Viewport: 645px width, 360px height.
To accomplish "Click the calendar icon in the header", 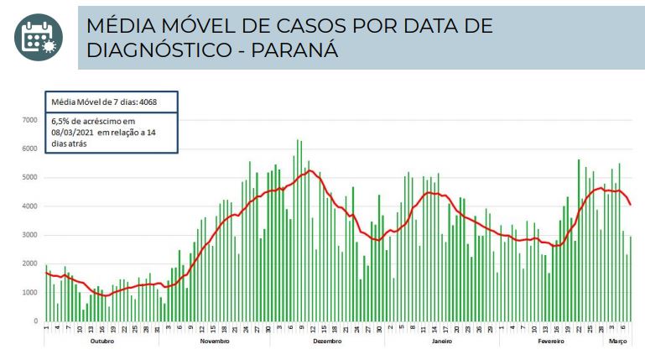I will [x=38, y=38].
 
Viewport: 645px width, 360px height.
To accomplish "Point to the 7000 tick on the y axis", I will [x=30, y=121].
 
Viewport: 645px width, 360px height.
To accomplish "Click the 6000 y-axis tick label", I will [x=30, y=149].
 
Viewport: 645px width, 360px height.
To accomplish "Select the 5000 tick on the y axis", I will [x=30, y=178].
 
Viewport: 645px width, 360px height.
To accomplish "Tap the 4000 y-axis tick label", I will [x=30, y=206].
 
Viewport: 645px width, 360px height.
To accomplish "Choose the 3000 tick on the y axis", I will [x=30, y=235].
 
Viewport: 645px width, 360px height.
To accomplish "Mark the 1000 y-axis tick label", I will [x=30, y=293].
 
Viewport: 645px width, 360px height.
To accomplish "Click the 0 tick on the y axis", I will [x=35, y=321].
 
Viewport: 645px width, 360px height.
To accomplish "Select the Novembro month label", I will [x=215, y=342].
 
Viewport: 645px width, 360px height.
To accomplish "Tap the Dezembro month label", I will [x=327, y=342].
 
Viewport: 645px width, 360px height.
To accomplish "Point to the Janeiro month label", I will [x=441, y=342].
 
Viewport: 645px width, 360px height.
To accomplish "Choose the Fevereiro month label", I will [x=549, y=342].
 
